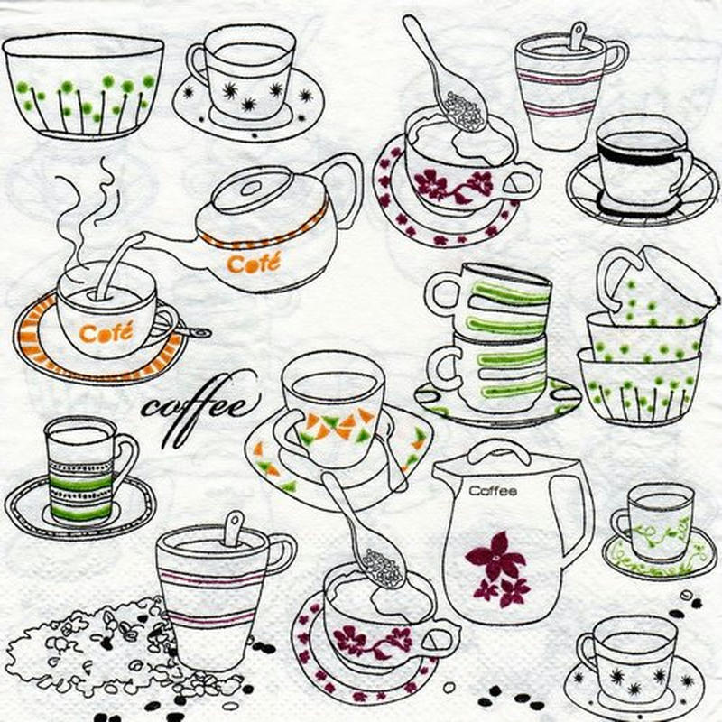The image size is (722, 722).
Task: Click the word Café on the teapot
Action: click(254, 263)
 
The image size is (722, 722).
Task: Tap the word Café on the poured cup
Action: click(106, 332)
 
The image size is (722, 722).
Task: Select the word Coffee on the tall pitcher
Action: click(493, 491)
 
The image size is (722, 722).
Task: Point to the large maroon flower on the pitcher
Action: click(495, 556)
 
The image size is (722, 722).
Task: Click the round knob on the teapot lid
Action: click(251, 188)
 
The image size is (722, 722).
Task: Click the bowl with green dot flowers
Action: click(84, 86)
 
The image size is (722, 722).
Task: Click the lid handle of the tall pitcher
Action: click(501, 452)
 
